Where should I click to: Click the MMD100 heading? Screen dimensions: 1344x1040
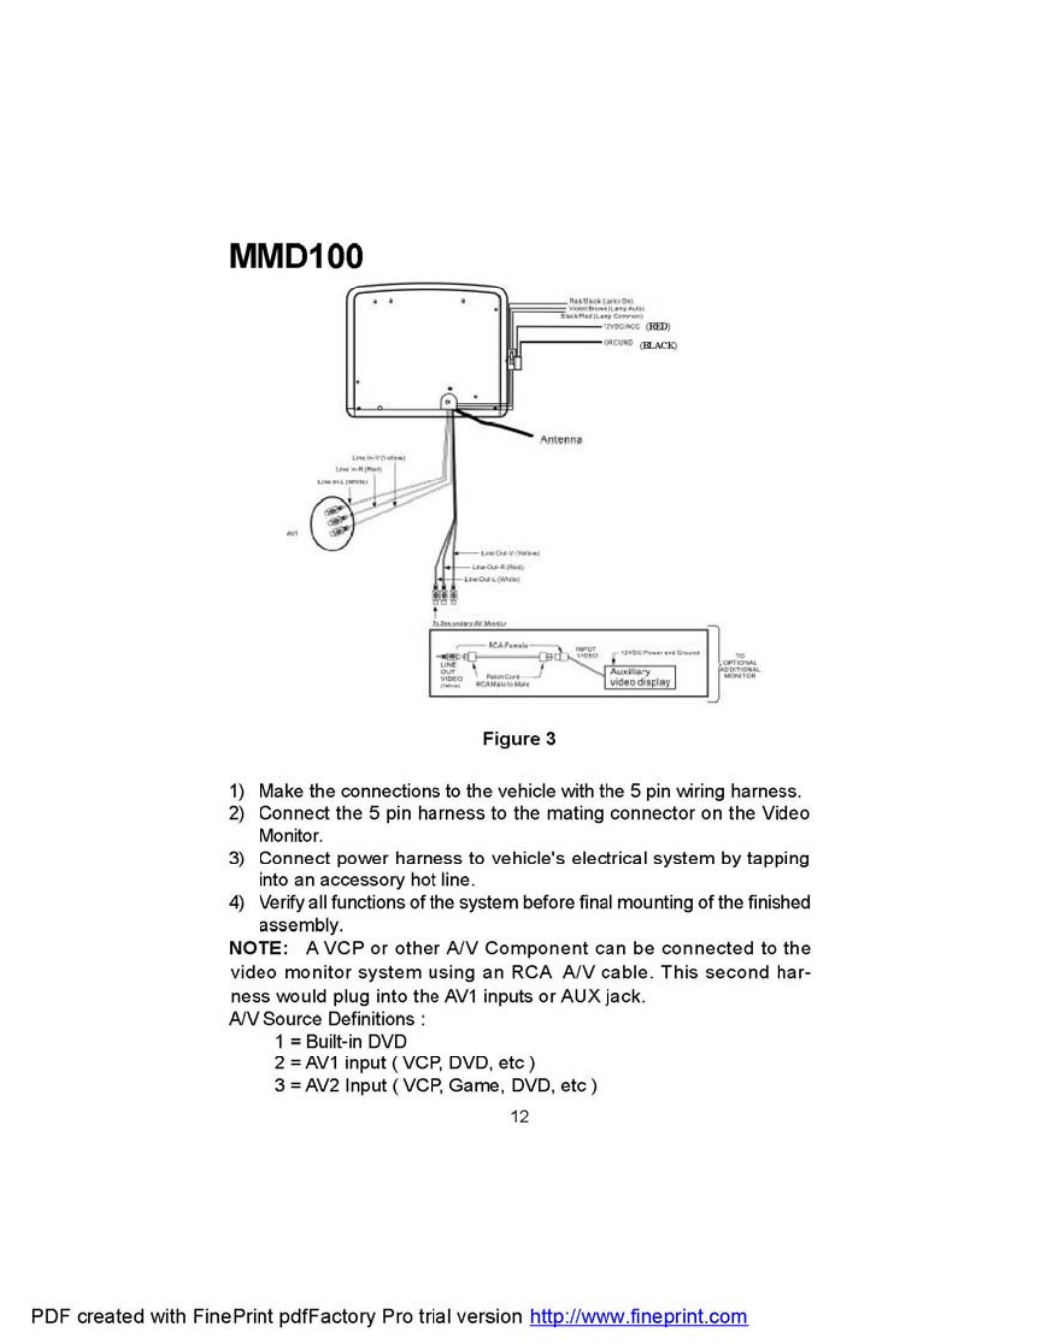coord(295,256)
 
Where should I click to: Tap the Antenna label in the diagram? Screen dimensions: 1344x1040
coord(561,439)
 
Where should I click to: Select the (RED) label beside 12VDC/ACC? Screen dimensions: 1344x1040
coord(658,326)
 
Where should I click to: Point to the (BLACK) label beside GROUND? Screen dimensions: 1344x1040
coord(658,345)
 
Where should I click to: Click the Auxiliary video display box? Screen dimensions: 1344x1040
coord(640,677)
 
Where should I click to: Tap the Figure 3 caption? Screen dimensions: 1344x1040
coord(519,739)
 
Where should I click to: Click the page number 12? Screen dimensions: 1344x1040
coord(519,1116)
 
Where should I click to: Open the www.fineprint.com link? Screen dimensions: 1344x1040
coord(638,1316)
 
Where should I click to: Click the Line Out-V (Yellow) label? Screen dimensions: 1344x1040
coord(510,553)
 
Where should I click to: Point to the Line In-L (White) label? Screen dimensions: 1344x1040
coord(342,482)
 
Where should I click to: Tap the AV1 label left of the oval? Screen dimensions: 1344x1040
coord(292,534)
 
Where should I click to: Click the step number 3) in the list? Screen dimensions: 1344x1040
coord(237,858)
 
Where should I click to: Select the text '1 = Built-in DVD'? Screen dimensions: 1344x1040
coord(340,1041)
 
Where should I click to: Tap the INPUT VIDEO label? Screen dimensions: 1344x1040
coord(586,653)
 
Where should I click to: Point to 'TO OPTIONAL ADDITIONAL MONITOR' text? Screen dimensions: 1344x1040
coord(738,665)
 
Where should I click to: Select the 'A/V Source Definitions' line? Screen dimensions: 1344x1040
coord(326,1019)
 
